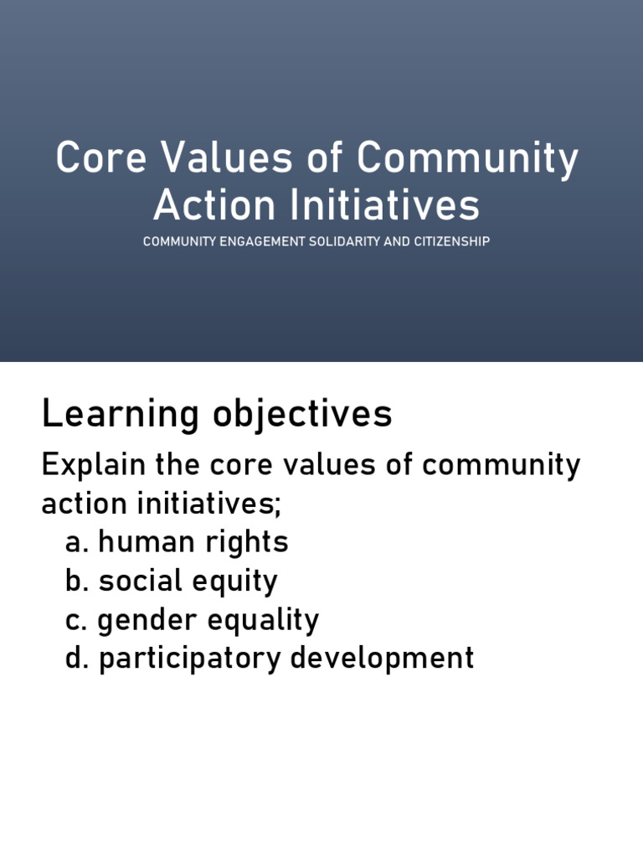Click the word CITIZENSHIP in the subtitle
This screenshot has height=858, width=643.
click(x=450, y=241)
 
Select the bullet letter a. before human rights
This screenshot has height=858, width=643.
click(x=77, y=543)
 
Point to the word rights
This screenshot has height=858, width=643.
click(x=244, y=543)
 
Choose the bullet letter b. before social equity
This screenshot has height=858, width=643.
click(x=77, y=581)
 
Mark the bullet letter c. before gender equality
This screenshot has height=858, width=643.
click(x=77, y=621)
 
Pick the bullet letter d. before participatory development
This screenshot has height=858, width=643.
click(x=77, y=659)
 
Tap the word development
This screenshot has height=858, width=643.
click(x=383, y=659)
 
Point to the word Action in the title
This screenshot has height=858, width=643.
click(x=203, y=205)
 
